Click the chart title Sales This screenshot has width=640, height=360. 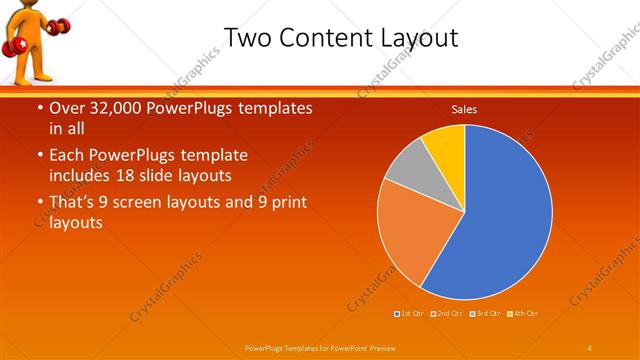point(464,109)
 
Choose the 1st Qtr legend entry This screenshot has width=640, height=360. point(410,313)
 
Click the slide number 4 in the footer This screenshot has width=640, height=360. point(590,346)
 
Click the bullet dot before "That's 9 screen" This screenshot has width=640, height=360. point(39,203)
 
